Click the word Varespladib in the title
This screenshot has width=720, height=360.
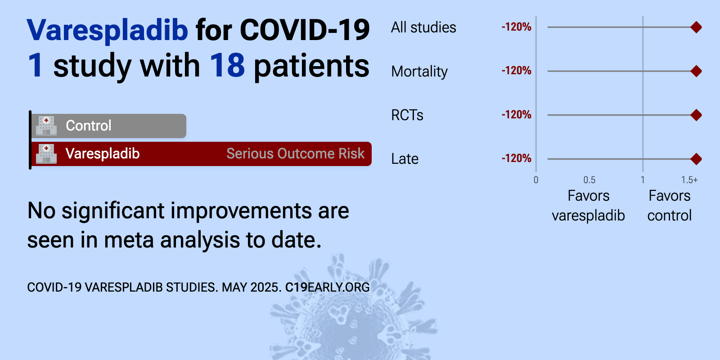(x=108, y=30)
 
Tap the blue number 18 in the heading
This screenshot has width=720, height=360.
(x=227, y=66)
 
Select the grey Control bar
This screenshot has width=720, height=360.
(x=108, y=126)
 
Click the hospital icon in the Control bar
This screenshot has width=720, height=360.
(x=46, y=126)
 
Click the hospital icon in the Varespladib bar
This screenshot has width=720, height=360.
(x=46, y=153)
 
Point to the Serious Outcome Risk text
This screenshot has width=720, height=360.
(x=295, y=153)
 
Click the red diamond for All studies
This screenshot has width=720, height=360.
(x=696, y=27)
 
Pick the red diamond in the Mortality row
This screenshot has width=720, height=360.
(x=696, y=71)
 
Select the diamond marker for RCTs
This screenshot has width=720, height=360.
(x=696, y=115)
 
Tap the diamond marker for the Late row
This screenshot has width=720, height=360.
(x=696, y=159)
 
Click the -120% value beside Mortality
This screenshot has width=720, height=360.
(x=516, y=71)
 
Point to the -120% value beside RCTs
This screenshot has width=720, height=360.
(x=516, y=115)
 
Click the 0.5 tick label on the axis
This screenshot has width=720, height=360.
(x=589, y=180)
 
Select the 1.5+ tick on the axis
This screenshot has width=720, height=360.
(x=689, y=180)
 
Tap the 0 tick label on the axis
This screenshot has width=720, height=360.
(x=536, y=180)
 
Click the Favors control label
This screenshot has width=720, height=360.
(x=670, y=205)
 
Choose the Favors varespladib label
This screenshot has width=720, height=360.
(x=588, y=205)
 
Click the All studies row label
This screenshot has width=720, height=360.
(x=423, y=27)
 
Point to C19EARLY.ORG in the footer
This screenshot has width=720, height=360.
(x=327, y=288)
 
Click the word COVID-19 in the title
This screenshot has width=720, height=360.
(x=305, y=30)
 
